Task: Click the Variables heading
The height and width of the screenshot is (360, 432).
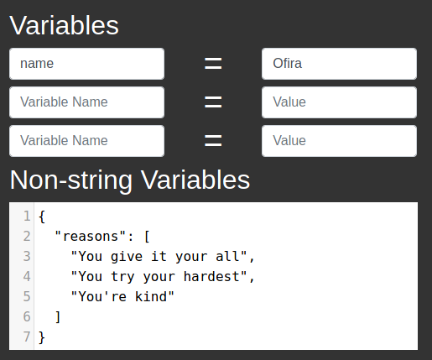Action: pyautogui.click(x=64, y=25)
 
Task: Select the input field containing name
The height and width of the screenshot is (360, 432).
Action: pyautogui.click(x=86, y=64)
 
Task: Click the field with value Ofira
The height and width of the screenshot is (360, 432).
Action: pyautogui.click(x=339, y=64)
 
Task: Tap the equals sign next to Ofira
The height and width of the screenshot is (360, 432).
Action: pyautogui.click(x=213, y=64)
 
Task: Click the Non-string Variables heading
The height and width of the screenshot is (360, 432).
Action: pyautogui.click(x=130, y=180)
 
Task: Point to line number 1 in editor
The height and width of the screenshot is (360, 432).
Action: pyautogui.click(x=27, y=217)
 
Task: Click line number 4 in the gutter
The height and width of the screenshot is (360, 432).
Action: pyautogui.click(x=27, y=277)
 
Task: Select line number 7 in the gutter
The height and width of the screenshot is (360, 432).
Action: pyautogui.click(x=27, y=337)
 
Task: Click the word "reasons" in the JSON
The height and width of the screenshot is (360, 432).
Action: pyautogui.click(x=91, y=237)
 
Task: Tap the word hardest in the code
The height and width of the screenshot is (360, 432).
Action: pyautogui.click(x=211, y=277)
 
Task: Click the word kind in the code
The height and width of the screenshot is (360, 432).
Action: pyautogui.click(x=151, y=296)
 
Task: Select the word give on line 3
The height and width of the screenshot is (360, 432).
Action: pyautogui.click(x=127, y=257)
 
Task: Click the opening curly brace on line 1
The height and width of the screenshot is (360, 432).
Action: pyautogui.click(x=42, y=217)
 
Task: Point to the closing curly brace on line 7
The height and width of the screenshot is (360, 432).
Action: pyautogui.click(x=42, y=337)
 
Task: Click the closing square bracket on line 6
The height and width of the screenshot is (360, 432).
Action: pyautogui.click(x=58, y=317)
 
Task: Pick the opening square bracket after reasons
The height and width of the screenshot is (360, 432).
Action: pyautogui.click(x=147, y=237)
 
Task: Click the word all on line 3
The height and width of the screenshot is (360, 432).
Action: pyautogui.click(x=227, y=257)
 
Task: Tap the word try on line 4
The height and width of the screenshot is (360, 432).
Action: pyautogui.click(x=122, y=277)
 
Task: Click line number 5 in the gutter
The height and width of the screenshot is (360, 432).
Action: pyautogui.click(x=27, y=296)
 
